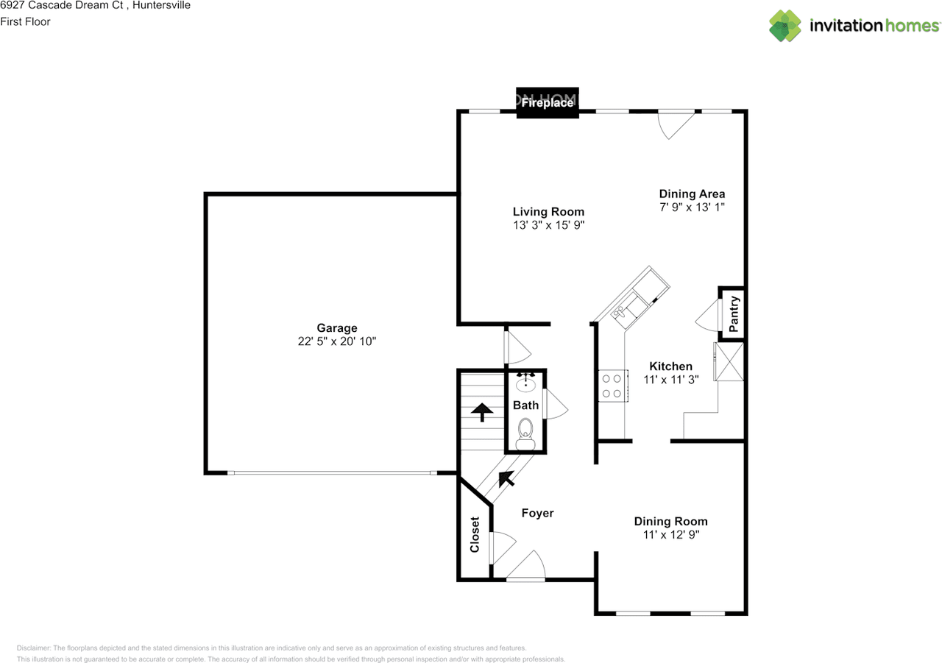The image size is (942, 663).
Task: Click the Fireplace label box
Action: click(x=547, y=103)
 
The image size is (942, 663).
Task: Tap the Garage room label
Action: click(x=337, y=328)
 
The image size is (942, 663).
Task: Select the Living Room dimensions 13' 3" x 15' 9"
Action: click(x=549, y=225)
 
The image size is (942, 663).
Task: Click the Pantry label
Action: click(x=733, y=313)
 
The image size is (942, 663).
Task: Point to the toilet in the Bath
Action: click(x=525, y=432)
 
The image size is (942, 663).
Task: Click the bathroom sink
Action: click(x=525, y=384)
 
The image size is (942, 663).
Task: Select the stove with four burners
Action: click(x=611, y=386)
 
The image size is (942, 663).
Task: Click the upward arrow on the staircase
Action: click(x=482, y=411)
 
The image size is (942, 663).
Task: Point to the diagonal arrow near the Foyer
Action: click(x=506, y=479)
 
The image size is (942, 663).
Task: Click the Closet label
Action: click(x=475, y=535)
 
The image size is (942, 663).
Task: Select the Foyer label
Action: click(x=537, y=513)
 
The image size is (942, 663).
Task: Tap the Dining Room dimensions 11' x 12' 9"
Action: click(x=670, y=535)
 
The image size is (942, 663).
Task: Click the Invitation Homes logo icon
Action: click(x=785, y=26)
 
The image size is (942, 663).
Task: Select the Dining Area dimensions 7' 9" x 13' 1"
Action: click(x=692, y=208)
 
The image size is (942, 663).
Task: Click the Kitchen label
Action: click(x=670, y=366)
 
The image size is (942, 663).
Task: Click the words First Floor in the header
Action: click(x=25, y=21)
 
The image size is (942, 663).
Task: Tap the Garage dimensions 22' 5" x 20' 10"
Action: click(x=337, y=341)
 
